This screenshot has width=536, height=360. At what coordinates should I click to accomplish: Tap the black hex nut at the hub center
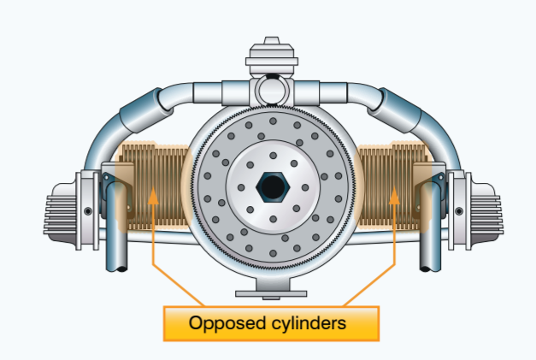(268, 186)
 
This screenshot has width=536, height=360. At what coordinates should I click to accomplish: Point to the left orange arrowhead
(152, 195)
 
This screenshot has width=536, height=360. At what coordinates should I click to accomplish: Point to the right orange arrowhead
(394, 195)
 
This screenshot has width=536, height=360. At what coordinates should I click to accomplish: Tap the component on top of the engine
(269, 60)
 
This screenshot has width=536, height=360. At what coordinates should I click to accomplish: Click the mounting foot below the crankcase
(269, 293)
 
